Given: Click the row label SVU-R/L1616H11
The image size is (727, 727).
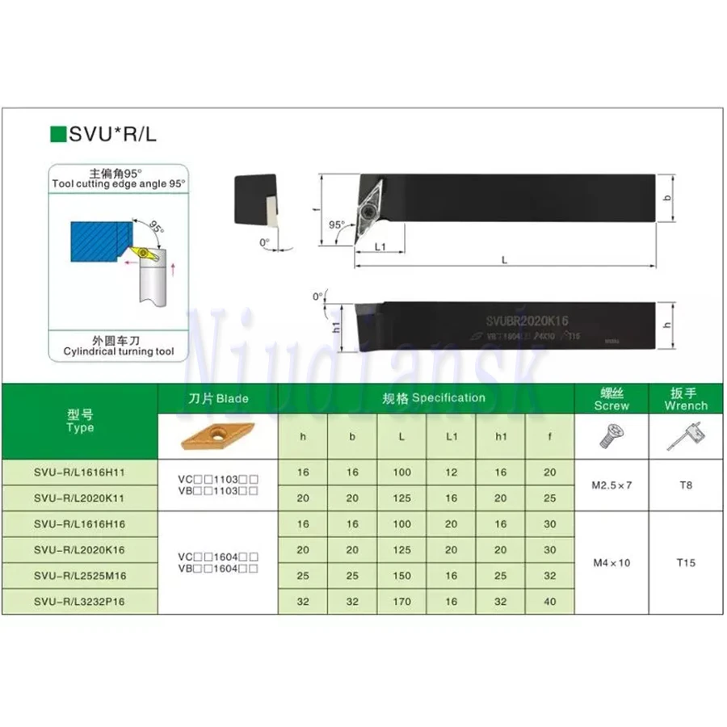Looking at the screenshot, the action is coord(80,472).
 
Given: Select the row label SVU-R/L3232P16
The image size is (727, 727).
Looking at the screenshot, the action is coord(80,601).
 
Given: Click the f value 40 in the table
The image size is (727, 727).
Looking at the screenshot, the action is coord(550,601).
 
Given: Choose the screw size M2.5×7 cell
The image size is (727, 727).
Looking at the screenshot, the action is coord(611,485).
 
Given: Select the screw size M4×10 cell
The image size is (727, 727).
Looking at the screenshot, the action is coord(611,562).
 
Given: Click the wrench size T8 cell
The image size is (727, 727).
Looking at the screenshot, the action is coord(687,485).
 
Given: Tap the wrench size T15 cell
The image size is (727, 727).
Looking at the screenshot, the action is coord(687,562).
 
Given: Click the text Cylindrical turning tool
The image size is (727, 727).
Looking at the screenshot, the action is coord(119,352).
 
